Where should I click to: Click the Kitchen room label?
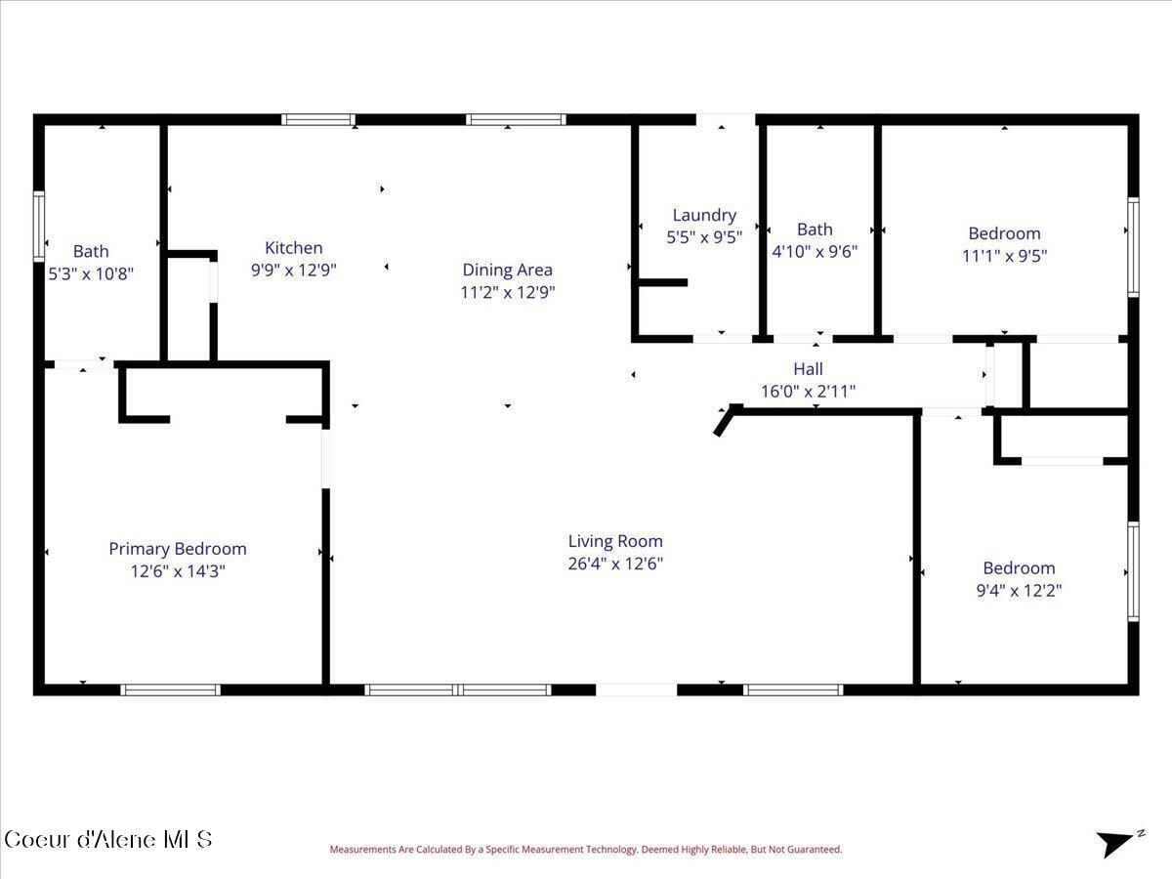coord(294,248)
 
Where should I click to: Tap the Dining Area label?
coord(507,270)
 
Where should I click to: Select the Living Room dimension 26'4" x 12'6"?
coord(615,564)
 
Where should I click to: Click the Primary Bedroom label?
coord(178,549)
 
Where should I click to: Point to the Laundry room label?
coord(704,215)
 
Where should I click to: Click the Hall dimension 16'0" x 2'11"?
coord(808,392)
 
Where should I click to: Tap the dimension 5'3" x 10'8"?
coord(91,273)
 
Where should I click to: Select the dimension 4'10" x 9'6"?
coord(815,251)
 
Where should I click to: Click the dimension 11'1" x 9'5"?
coord(1004,256)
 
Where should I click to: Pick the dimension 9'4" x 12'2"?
coord(1019,591)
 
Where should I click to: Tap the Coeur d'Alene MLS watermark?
coord(107,840)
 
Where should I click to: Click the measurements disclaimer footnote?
coord(586,849)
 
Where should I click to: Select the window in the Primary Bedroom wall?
coord(170,690)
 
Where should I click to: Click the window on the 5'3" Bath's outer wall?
coord(38,227)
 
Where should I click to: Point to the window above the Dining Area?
coord(516,119)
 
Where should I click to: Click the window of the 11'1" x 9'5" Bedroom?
coord(1134,247)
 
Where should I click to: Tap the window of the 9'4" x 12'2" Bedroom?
coord(1134,571)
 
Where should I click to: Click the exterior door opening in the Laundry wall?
coord(726,119)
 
